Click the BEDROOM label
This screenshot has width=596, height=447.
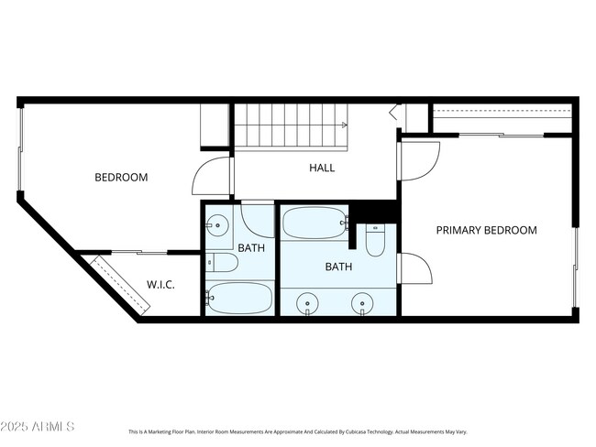tap(121, 178)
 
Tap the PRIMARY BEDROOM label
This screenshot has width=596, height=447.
tap(486, 230)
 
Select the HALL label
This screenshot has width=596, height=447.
tap(322, 168)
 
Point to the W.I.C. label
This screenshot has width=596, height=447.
tap(160, 285)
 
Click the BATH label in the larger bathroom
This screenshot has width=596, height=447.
tap(339, 267)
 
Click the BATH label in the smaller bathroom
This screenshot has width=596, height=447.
tap(251, 248)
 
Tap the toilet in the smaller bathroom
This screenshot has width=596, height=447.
tap(221, 264)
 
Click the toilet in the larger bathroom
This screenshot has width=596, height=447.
tap(376, 240)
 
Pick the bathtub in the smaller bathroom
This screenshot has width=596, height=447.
tap(239, 298)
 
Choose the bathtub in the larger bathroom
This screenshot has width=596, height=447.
tap(314, 223)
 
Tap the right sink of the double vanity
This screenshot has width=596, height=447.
tap(364, 302)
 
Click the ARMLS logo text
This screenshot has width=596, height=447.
tap(39, 427)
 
